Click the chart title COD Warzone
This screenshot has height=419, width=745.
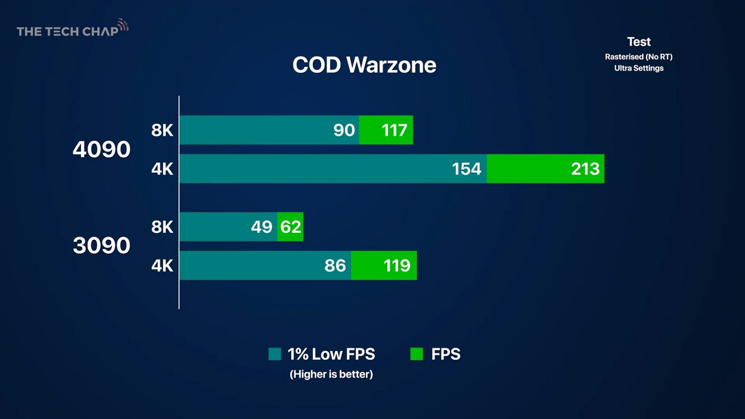click(x=364, y=65)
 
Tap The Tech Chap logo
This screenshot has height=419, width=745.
click(x=73, y=29)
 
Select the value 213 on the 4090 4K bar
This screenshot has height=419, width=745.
click(x=585, y=169)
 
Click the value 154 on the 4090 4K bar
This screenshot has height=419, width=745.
click(x=466, y=169)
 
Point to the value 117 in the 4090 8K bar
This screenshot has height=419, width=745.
click(x=394, y=131)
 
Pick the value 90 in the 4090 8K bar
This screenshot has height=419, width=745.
click(x=344, y=131)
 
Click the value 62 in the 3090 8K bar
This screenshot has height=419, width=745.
click(x=291, y=227)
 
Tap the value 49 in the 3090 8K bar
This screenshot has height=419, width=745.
click(x=261, y=227)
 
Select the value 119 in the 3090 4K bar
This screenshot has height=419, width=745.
click(x=397, y=266)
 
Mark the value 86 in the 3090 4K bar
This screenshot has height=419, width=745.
click(x=335, y=266)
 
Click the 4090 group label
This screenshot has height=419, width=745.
click(x=101, y=149)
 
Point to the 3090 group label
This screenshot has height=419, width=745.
click(x=101, y=246)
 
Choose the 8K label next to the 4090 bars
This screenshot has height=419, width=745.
click(x=162, y=131)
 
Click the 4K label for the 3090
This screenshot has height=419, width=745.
click(x=162, y=266)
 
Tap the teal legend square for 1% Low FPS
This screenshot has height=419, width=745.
click(x=275, y=354)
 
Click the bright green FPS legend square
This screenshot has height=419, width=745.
click(x=417, y=354)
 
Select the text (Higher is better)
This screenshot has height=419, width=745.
click(x=331, y=374)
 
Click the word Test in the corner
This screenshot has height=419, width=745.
click(x=639, y=42)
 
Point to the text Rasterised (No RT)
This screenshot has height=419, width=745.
click(x=639, y=57)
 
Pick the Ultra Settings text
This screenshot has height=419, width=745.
click(x=639, y=68)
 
